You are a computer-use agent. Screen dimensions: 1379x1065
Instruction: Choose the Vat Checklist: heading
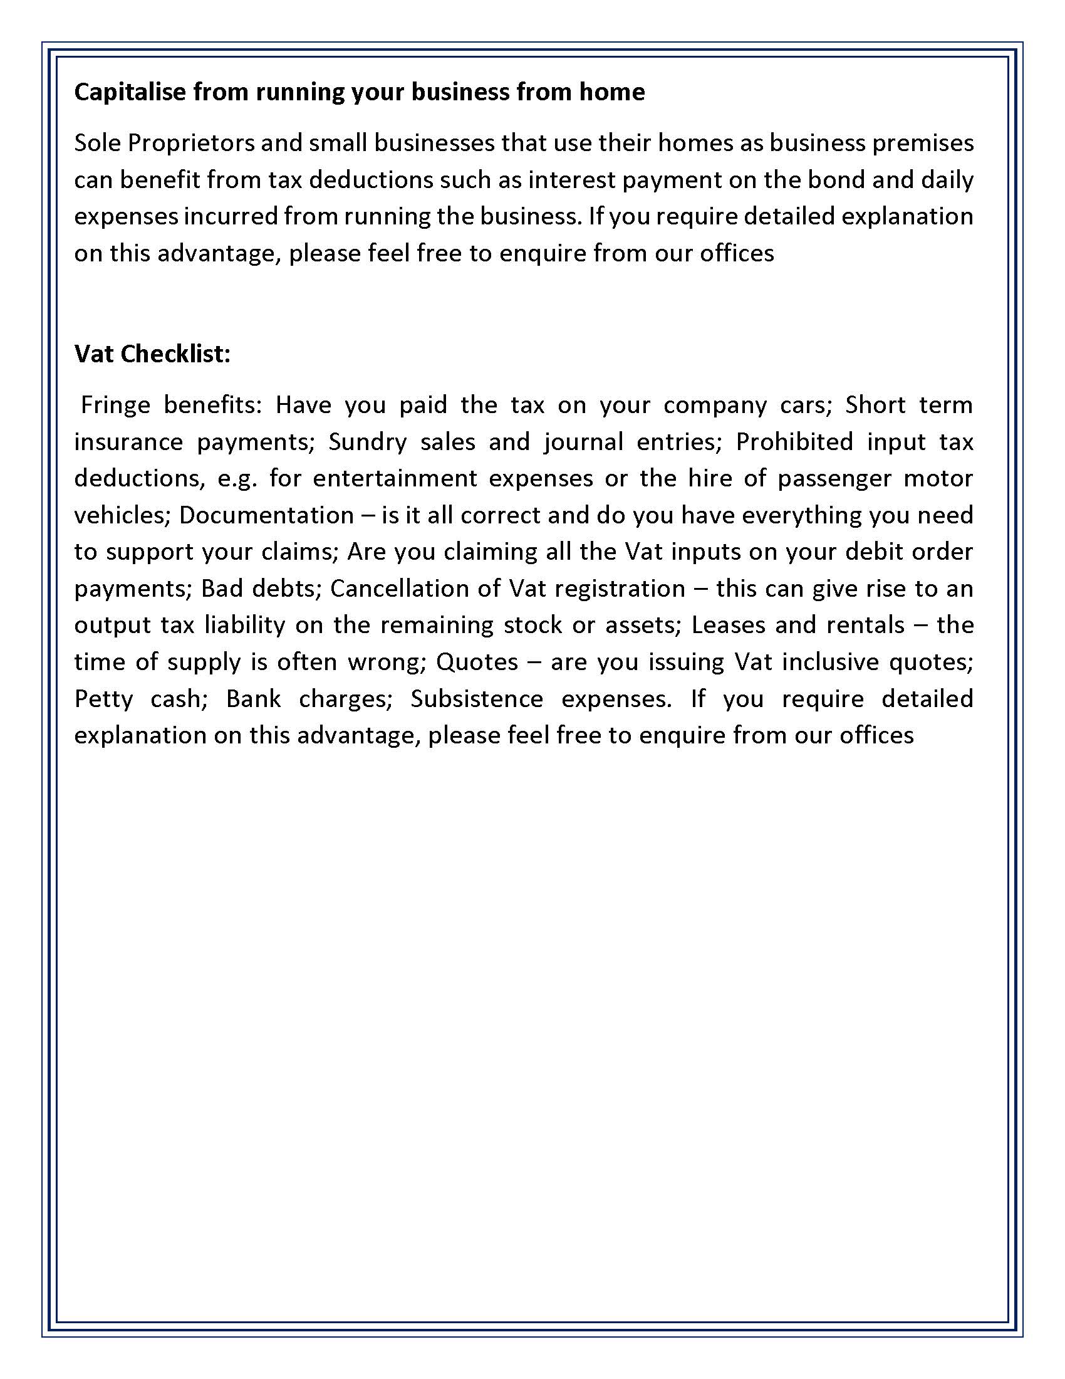coord(153,354)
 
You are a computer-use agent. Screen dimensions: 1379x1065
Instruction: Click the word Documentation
coord(266,515)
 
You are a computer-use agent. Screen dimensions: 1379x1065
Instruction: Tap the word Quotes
coord(477,661)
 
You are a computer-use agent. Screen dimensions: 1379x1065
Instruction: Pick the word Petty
coord(103,698)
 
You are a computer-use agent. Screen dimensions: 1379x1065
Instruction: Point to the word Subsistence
coord(477,698)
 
